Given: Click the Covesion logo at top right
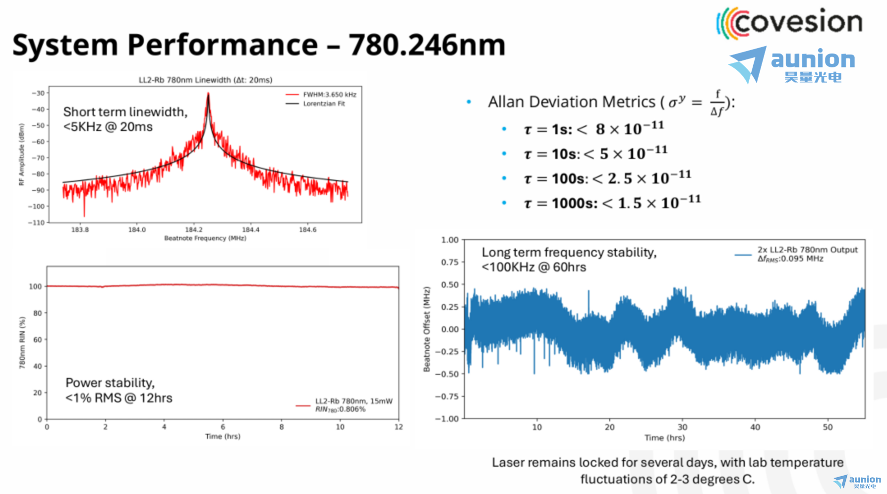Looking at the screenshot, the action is tap(789, 23).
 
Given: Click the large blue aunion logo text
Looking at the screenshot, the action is tap(813, 59).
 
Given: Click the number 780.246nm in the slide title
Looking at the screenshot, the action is tap(427, 45).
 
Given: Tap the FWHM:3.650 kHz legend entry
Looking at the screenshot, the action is tap(321, 94).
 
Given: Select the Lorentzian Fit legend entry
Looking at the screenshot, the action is tap(316, 104).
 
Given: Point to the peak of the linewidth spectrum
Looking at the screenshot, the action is tap(208, 93).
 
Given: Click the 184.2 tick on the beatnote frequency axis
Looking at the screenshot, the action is tap(194, 229).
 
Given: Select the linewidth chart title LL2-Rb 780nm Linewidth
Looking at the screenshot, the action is tap(205, 80).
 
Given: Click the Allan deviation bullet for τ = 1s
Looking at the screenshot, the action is tap(594, 129).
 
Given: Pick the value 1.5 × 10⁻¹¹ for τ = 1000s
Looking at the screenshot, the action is tap(659, 203).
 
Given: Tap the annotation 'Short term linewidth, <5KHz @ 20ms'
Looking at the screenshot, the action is tap(125, 119).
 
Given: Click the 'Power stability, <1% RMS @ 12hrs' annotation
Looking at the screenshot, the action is tap(119, 390).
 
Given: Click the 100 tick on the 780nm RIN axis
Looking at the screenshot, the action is tap(35, 286).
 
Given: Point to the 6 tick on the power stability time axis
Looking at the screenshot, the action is tap(223, 427).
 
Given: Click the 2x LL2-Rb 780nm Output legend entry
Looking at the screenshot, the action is tap(808, 250).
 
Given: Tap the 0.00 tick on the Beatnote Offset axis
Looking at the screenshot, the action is tap(450, 329).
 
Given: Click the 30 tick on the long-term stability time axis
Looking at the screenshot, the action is tap(682, 427).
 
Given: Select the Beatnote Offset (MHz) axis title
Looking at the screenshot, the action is tap(426, 329).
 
